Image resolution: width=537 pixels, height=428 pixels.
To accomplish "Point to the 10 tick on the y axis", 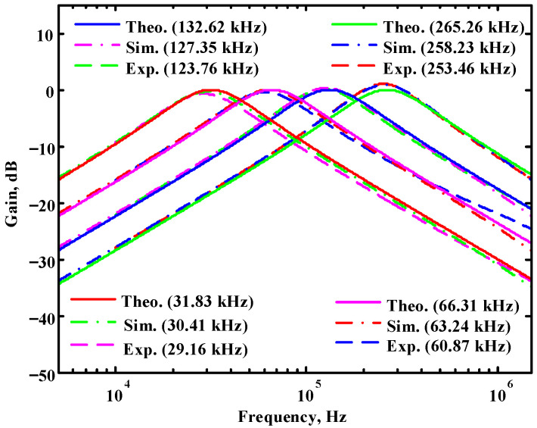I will click(28, 35).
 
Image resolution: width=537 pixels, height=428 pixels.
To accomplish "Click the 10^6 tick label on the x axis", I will click(497, 393).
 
